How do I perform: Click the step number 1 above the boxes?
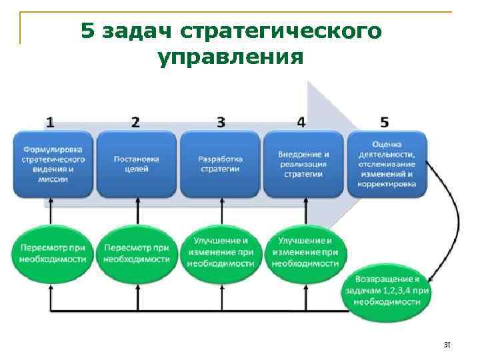tap(51, 122)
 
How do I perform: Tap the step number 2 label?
tap(136, 122)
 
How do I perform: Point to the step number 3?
tap(221, 122)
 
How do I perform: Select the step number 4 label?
tap(302, 122)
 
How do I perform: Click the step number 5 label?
tap(385, 122)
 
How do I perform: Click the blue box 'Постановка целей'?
tap(137, 164)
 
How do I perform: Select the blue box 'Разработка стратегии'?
tap(220, 164)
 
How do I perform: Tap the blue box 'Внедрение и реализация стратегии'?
tap(303, 164)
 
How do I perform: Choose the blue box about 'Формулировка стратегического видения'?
tap(53, 164)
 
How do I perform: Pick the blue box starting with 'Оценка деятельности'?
tap(387, 164)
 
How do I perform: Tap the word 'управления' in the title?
tap(231, 58)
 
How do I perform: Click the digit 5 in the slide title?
tap(88, 31)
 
